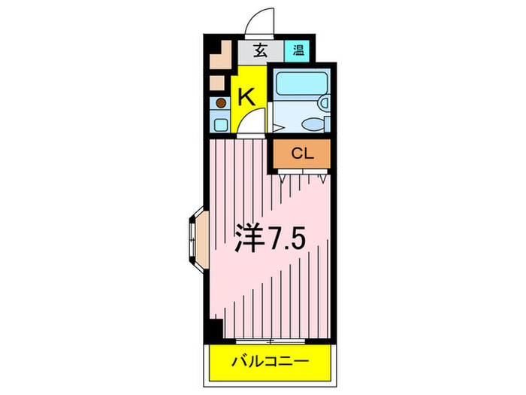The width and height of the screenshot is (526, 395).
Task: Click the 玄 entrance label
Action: coord(261,51)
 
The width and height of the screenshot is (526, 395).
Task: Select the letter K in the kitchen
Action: coord(246,96)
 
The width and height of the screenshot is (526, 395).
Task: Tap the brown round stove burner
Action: coord(221,102)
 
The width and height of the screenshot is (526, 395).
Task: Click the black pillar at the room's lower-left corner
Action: coord(216,329)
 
